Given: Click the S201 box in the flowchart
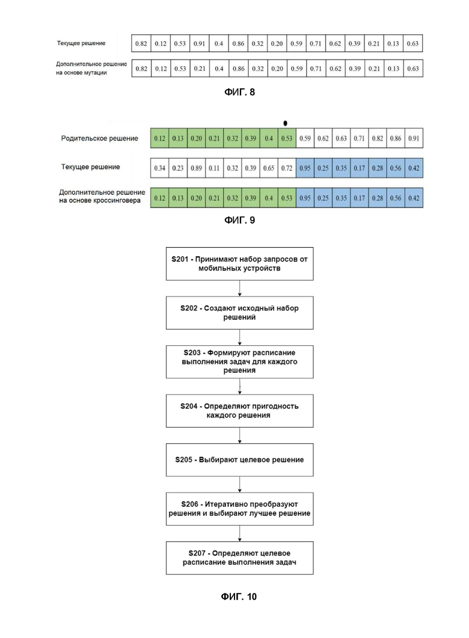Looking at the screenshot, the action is pyautogui.click(x=239, y=263).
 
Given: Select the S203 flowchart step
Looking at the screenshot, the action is pyautogui.click(x=239, y=362).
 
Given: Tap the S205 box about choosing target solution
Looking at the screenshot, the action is pyautogui.click(x=239, y=460).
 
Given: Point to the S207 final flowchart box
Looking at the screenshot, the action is pyautogui.click(x=239, y=558).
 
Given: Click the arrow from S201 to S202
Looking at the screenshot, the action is pyautogui.click(x=239, y=289).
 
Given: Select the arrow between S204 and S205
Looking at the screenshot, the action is pyautogui.click(x=239, y=435).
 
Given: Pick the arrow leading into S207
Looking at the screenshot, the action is pyautogui.click(x=239, y=533).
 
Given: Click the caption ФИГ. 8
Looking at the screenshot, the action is pyautogui.click(x=239, y=93).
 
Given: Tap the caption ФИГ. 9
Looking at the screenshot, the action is pyautogui.click(x=239, y=220).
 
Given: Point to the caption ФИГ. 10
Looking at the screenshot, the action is pyautogui.click(x=239, y=597).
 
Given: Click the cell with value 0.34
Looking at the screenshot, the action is pyautogui.click(x=159, y=168).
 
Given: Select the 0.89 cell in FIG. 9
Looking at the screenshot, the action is pyautogui.click(x=196, y=168).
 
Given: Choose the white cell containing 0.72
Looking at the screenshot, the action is pyautogui.click(x=287, y=168).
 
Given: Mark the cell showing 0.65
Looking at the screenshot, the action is pyautogui.click(x=268, y=168).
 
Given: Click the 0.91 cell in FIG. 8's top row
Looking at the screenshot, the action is pyautogui.click(x=199, y=43).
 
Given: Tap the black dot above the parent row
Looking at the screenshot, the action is pyautogui.click(x=285, y=123).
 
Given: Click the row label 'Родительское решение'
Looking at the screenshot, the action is pyautogui.click(x=100, y=138).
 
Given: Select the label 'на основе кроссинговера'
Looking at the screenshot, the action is pyautogui.click(x=100, y=200).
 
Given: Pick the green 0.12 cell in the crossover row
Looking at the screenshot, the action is pyautogui.click(x=159, y=198).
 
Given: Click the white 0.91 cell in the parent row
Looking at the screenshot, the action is pyautogui.click(x=414, y=138).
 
